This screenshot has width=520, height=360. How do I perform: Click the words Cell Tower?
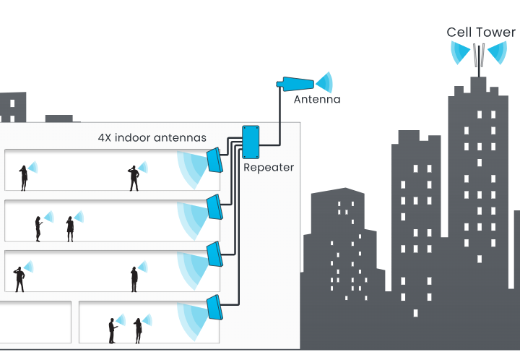coord(481,33)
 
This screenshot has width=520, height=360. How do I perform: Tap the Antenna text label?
coord(317,99)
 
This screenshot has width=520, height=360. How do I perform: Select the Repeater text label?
coord(269,168)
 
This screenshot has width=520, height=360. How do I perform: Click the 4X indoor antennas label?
coord(152,137)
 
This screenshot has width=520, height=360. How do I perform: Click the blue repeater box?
coord(251,142)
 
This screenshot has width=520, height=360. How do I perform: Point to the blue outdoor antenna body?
coord(295,84)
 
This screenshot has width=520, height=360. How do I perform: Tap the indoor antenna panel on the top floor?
coord(214,160)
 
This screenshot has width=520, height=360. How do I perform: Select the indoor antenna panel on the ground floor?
coord(214,307)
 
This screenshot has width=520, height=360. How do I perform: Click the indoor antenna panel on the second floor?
coord(214,254)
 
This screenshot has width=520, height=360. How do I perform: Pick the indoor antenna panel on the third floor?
coord(214,207)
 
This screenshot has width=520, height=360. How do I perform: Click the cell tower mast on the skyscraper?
coord(479,61)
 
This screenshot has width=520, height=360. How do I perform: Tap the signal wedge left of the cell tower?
coord(460,53)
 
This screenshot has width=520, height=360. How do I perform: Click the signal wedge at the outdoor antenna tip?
coord(324,82)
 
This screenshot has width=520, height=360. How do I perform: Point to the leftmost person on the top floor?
coord(24,178)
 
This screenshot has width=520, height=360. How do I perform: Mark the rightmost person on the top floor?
coord(134,178)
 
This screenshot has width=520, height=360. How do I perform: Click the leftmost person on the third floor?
coord(38,229)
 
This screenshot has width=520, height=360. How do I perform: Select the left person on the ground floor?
coord(113,331)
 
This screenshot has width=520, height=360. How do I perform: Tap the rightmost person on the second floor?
coord(134,279)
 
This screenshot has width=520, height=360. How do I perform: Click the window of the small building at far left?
coord(12,103)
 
